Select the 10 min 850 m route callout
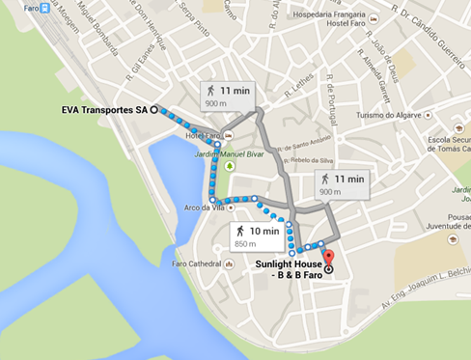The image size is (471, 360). pyautogui.click(x=258, y=235)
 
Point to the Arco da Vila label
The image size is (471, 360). pyautogui.click(x=205, y=207)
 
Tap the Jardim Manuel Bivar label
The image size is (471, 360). pyautogui.click(x=235, y=151)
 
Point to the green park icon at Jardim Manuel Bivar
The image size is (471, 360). pyautogui.click(x=230, y=165)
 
